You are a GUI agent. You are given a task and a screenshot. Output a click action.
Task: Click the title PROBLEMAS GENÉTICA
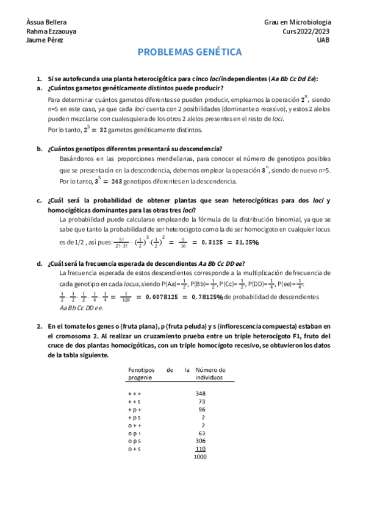(189, 52)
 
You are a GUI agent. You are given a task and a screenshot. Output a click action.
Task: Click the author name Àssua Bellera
(47, 22)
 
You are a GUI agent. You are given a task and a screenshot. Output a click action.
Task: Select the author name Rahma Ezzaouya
(52, 31)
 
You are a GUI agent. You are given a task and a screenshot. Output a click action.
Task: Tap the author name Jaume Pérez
(45, 40)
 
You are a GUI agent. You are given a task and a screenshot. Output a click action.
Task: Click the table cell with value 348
(200, 393)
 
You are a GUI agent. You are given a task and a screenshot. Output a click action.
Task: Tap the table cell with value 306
(200, 441)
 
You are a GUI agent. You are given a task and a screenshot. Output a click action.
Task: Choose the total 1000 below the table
(200, 457)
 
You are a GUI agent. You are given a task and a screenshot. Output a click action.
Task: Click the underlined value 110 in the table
(200, 449)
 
